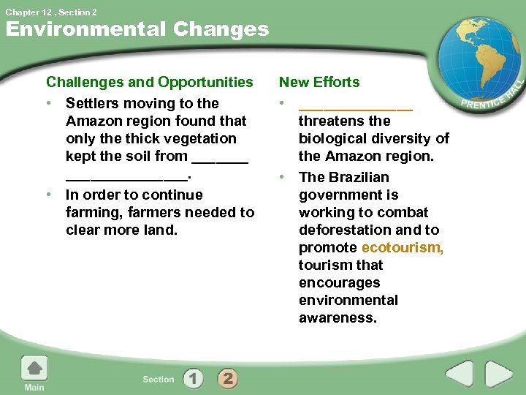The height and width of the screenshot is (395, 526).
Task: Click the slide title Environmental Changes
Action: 137,29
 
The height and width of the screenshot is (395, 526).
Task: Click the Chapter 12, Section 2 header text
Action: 51,12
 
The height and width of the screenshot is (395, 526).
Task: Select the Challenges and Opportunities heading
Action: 149,82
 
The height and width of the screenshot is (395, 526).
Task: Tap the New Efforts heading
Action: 319,82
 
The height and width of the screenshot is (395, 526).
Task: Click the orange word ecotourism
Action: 402,247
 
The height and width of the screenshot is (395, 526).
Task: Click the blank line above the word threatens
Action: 355,107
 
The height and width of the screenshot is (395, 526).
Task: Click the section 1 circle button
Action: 193,378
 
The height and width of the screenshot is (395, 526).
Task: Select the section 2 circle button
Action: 227,378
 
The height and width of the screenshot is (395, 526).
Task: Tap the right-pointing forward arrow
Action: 498,375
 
